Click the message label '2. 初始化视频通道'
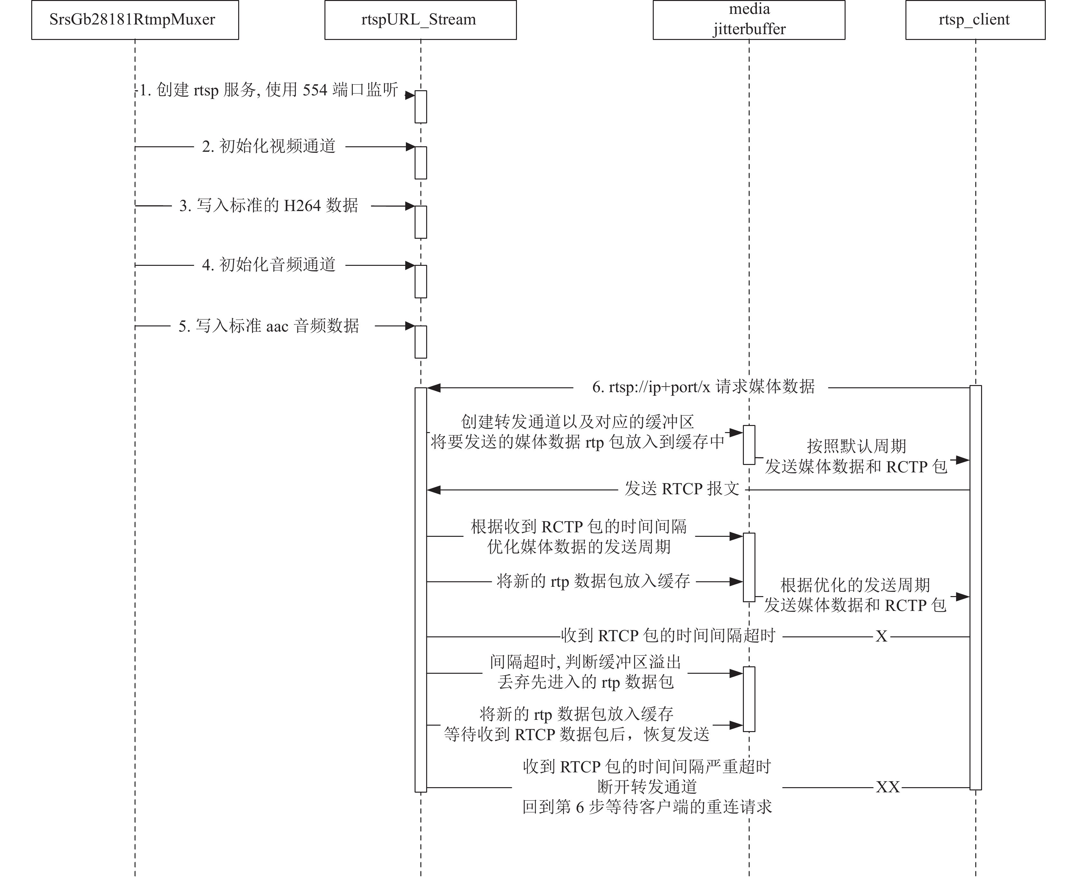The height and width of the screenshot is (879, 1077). click(x=269, y=146)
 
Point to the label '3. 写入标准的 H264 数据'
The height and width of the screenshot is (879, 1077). click(x=269, y=206)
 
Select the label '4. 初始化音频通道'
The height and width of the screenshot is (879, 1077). click(x=269, y=265)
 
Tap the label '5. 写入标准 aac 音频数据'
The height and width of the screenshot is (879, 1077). click(x=269, y=325)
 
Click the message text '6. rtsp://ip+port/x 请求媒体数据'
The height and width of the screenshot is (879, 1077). click(x=703, y=387)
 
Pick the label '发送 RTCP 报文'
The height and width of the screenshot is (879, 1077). click(x=682, y=489)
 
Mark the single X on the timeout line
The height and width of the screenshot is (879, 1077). click(x=881, y=636)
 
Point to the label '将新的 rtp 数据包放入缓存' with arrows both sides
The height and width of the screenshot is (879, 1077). click(x=594, y=581)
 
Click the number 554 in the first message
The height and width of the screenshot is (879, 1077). click(x=315, y=90)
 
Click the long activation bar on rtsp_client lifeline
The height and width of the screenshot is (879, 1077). click(x=975, y=587)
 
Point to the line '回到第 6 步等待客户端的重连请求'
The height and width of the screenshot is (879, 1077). click(x=647, y=807)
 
